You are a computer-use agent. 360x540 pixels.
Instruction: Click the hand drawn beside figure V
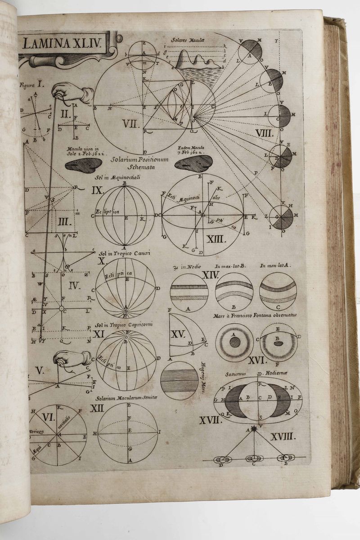coord(72,359)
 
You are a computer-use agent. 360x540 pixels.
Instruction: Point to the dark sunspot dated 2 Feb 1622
coord(84,166)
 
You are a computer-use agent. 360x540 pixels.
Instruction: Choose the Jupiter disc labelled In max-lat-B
coord(234,292)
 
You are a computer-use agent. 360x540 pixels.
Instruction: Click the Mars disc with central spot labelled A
coord(234,342)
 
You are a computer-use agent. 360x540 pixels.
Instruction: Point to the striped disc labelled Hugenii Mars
coord(179,380)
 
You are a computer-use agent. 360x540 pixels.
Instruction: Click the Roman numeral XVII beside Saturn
coord(211,420)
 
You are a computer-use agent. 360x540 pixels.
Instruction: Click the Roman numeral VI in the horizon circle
coord(48,417)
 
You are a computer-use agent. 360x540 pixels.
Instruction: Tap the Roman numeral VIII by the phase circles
coord(264,133)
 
